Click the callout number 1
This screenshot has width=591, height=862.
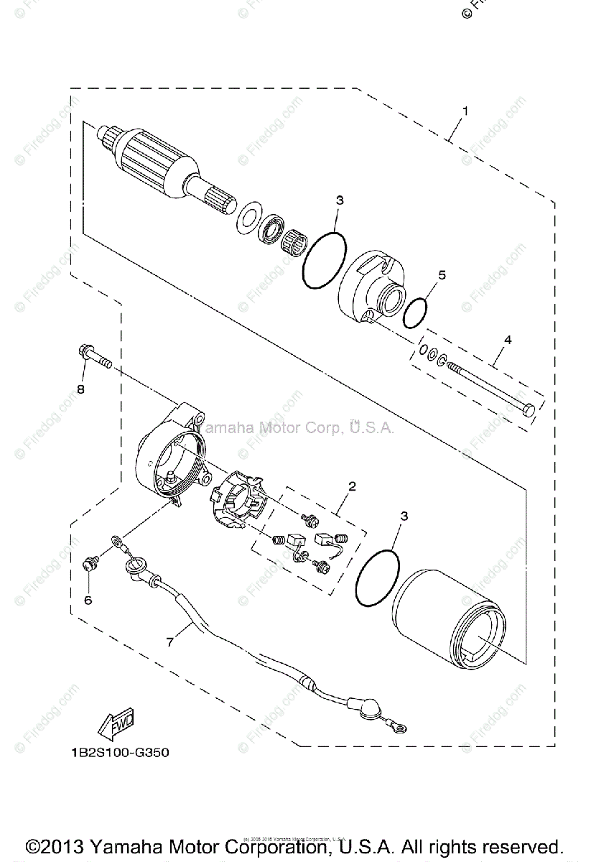point(465,111)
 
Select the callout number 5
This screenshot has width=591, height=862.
point(442,275)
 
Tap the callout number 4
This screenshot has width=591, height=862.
point(507,340)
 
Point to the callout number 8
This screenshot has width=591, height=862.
point(80,389)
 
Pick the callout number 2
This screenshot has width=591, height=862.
point(352,486)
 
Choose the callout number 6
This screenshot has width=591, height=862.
point(88,600)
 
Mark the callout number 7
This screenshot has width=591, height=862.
point(170,641)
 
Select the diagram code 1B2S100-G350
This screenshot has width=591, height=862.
point(114,754)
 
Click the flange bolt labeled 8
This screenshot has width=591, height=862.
point(93,356)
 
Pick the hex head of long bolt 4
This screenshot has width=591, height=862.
point(529,411)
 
